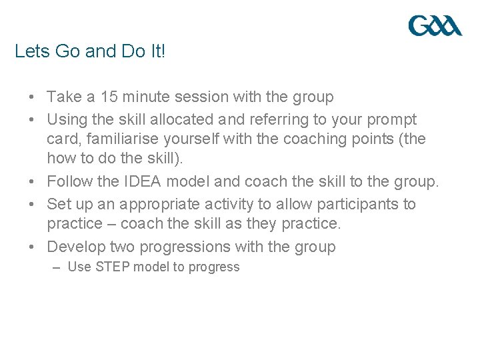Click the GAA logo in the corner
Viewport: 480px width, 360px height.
click(x=435, y=27)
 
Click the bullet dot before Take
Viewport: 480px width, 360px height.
click(x=32, y=97)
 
